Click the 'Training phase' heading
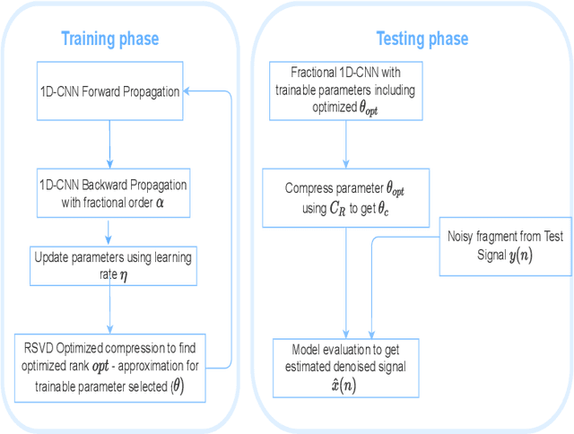(109, 39)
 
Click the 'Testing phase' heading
(422, 39)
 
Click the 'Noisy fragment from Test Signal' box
(505, 246)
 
